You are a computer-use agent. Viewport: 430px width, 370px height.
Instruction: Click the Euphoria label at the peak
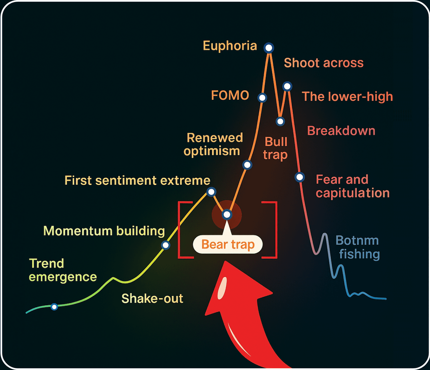[230, 46]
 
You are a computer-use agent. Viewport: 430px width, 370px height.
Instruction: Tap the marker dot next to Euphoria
[269, 47]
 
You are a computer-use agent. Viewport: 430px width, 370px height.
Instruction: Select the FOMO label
[230, 96]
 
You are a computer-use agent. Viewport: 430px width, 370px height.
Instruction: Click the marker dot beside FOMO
[262, 97]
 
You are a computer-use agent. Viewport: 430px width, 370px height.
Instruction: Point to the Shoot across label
[324, 63]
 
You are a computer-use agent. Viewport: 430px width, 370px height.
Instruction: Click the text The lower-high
[347, 97]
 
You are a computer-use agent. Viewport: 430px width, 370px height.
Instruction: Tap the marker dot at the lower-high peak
[287, 86]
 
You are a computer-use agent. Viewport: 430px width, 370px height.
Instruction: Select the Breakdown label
[341, 131]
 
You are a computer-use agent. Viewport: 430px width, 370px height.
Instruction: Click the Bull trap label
[276, 148]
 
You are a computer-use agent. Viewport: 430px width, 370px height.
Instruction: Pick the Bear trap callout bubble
[228, 244]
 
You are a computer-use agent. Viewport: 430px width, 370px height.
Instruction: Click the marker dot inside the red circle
[227, 214]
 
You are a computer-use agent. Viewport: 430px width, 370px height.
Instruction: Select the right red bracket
[272, 229]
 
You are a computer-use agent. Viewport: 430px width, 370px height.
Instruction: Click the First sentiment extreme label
[137, 180]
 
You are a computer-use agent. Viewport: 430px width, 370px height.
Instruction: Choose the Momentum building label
[104, 231]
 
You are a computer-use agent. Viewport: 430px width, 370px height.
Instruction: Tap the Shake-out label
[152, 298]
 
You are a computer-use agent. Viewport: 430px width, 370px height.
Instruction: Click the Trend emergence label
[63, 270]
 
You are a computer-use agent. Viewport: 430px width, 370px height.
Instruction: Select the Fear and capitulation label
[353, 186]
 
